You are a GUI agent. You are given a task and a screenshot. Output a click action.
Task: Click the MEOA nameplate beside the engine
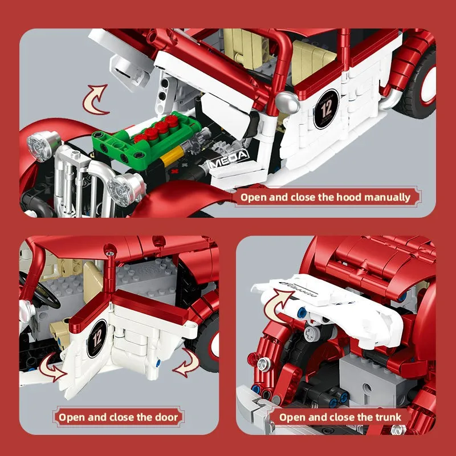point(228,158)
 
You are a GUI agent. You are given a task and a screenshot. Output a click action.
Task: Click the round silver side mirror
point(286,103)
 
